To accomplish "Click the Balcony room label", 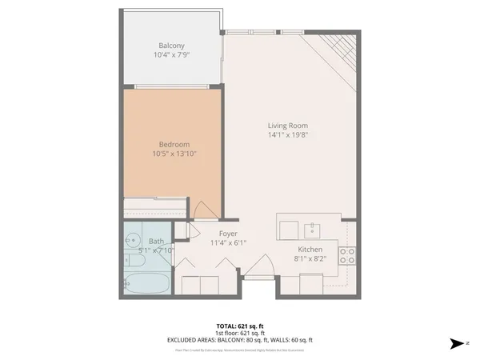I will (x=171, y=46).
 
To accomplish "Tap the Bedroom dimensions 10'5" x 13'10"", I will (x=174, y=154).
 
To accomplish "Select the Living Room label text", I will (x=288, y=126).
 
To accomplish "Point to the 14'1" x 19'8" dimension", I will (x=288, y=135).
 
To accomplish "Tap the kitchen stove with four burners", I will (x=347, y=256).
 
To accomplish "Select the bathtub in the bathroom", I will (x=146, y=283).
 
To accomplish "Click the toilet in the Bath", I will (x=132, y=260).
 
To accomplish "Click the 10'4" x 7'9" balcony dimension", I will (x=171, y=55).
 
